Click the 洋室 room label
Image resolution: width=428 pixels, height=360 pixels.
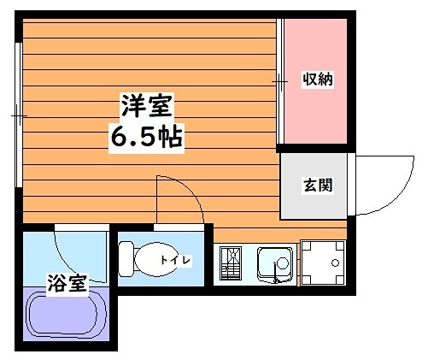click(147, 109)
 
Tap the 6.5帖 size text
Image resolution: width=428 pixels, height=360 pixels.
click(146, 136)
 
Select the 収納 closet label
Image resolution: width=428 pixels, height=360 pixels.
click(318, 80)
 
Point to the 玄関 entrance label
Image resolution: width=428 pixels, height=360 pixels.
click(317, 184)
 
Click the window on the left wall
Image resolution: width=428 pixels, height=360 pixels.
click(18, 115)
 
